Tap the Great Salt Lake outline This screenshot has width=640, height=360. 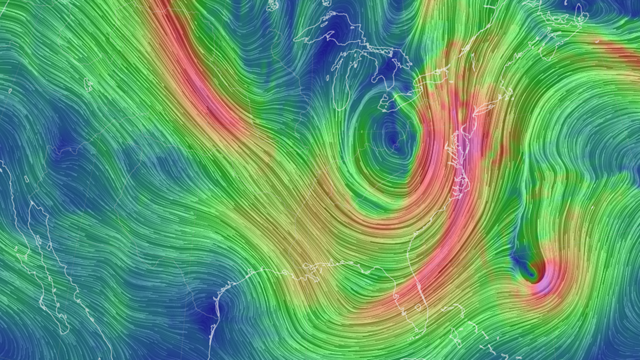point(89,82)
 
